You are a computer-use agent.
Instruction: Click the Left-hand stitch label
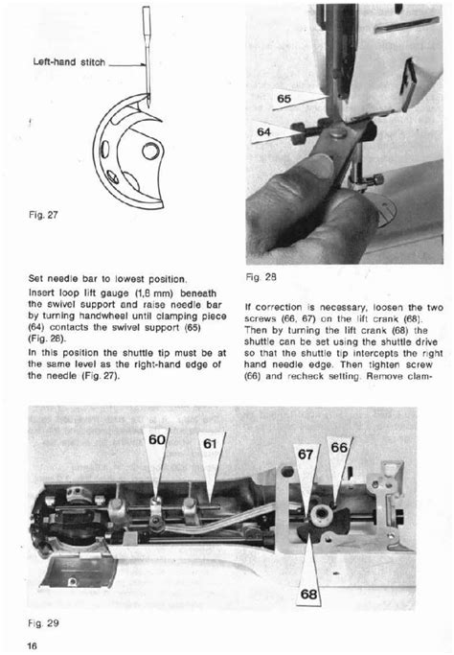[x=68, y=62]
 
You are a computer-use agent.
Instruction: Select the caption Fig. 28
[x=261, y=277]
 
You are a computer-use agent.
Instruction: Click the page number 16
[x=32, y=645]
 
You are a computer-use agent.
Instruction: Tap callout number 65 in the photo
[x=285, y=99]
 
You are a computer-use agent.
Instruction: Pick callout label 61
[x=211, y=443]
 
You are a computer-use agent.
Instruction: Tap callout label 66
[x=339, y=448]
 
